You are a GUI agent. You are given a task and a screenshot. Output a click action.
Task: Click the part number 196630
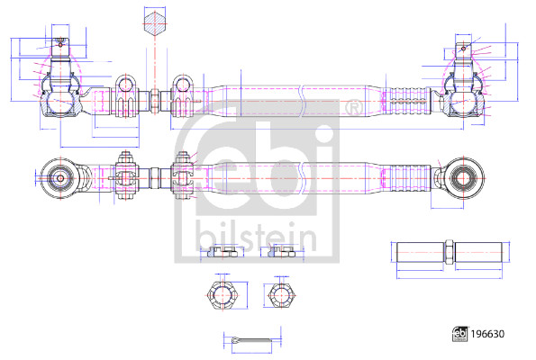pyautogui.click(x=487, y=333)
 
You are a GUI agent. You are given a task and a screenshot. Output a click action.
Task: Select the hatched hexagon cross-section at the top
pyautogui.click(x=156, y=22)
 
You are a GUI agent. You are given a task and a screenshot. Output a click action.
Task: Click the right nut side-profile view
pyautogui.click(x=278, y=251)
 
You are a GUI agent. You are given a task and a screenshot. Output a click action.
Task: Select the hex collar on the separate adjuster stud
pyautogui.click(x=448, y=252)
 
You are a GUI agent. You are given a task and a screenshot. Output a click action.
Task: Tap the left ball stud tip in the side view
pyautogui.click(x=59, y=41)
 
